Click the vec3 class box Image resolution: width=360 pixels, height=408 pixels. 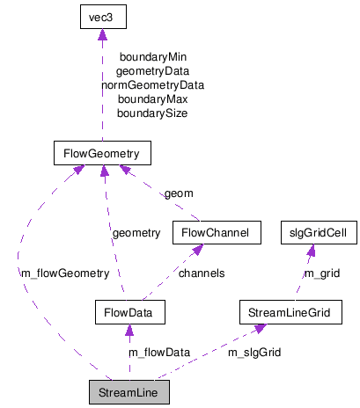(102, 18)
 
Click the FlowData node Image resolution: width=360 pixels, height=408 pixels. (129, 311)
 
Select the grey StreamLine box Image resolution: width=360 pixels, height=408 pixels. (129, 390)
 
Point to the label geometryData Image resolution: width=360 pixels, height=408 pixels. (152, 71)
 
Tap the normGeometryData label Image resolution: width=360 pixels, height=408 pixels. (152, 85)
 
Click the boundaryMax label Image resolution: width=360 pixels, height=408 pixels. (152, 99)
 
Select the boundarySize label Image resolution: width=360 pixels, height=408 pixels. (152, 113)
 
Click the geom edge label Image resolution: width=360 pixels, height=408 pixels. (179, 193)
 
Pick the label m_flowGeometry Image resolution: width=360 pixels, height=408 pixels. (64, 273)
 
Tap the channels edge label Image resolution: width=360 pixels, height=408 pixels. (202, 273)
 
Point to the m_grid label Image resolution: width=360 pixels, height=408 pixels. (321, 273)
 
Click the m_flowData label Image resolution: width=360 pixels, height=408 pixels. (159, 352)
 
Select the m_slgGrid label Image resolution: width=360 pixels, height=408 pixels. (254, 352)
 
